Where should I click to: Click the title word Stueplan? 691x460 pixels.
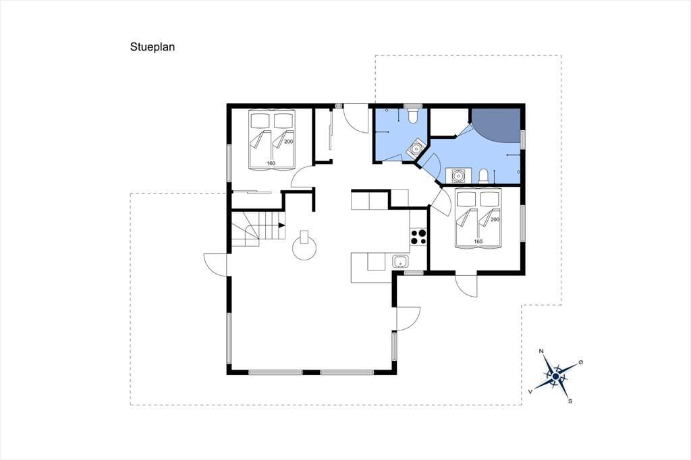pyautogui.click(x=153, y=47)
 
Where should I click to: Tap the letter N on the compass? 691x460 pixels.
pyautogui.click(x=541, y=351)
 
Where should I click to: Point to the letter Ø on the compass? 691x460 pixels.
pyautogui.click(x=581, y=362)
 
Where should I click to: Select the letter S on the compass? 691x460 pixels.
pyautogui.click(x=570, y=401)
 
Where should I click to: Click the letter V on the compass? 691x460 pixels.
pyautogui.click(x=530, y=391)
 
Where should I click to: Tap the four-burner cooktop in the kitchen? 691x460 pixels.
pyautogui.click(x=418, y=237)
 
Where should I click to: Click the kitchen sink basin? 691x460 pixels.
pyautogui.click(x=401, y=261)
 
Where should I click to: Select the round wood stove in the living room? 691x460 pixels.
pyautogui.click(x=304, y=247)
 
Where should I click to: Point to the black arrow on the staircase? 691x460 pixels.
pyautogui.click(x=281, y=225)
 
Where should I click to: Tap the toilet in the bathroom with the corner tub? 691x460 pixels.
pyautogui.click(x=483, y=176)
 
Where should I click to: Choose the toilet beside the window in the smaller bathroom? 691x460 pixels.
pyautogui.click(x=414, y=115)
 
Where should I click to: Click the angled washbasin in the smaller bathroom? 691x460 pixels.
pyautogui.click(x=415, y=149)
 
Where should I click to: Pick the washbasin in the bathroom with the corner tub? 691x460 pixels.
pyautogui.click(x=459, y=175)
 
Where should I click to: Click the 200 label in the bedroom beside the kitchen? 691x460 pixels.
pyautogui.click(x=495, y=219)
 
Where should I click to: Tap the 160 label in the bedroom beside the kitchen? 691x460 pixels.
pyautogui.click(x=478, y=241)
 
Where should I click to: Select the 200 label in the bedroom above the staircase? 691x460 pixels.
pyautogui.click(x=289, y=142)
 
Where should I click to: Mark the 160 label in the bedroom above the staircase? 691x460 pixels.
pyautogui.click(x=271, y=163)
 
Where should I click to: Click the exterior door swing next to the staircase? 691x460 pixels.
pyautogui.click(x=215, y=264)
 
